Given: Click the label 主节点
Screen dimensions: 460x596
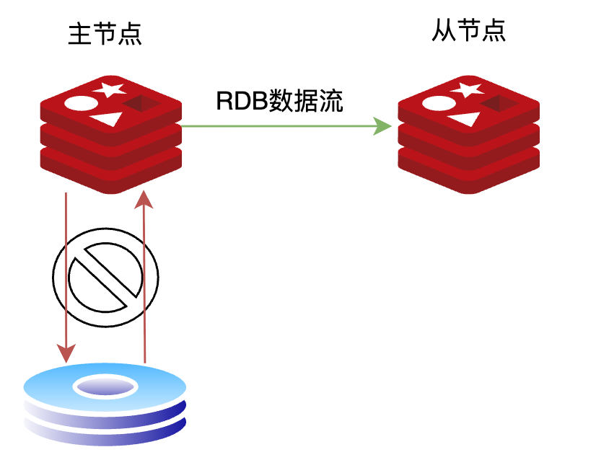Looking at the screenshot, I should point(105,35).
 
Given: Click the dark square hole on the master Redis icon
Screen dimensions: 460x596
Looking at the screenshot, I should point(141,105).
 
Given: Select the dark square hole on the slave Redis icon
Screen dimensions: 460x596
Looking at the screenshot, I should point(499,105).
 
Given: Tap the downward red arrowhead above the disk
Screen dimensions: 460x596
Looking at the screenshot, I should point(66,353).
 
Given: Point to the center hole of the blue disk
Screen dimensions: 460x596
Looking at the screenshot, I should point(105,387).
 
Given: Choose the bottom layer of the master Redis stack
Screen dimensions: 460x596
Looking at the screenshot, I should point(110,176).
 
